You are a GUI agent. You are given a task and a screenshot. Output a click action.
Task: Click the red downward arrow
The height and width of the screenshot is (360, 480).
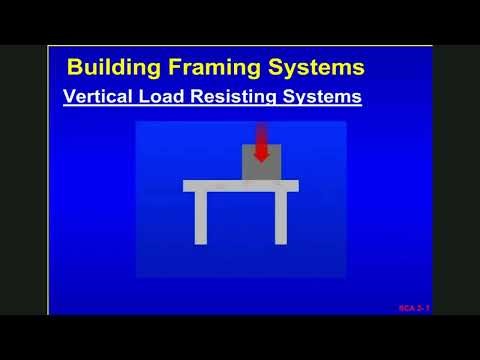tap(261, 140)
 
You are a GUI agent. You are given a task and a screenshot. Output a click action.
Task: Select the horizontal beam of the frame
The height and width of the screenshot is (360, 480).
tap(240, 185)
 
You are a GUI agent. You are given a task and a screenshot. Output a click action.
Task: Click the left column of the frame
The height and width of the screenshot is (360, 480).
tap(201, 217)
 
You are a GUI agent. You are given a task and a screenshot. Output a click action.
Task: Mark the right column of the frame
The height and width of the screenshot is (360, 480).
tap(281, 217)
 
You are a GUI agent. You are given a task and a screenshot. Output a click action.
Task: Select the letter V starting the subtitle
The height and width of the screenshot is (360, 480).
tap(69, 98)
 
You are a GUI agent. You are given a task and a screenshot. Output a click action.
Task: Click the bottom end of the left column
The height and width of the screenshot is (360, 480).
tap(201, 241)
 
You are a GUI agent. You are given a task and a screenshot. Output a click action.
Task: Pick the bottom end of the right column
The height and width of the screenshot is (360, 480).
tap(281, 241)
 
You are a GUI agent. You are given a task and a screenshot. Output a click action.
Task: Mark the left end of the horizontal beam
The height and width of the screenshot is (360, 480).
tap(186, 185)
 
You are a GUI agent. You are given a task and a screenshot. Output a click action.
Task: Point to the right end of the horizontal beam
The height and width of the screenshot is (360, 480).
tap(296, 185)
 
